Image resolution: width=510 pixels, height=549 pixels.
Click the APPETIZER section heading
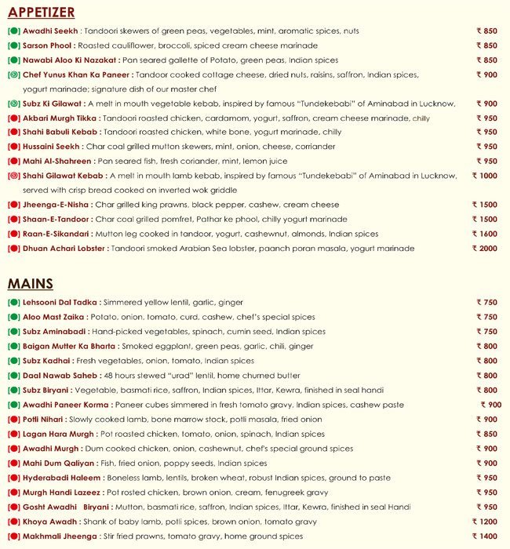(42, 12)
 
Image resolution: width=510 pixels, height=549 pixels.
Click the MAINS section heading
(31, 283)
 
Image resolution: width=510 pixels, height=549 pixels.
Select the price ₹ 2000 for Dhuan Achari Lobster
(484, 249)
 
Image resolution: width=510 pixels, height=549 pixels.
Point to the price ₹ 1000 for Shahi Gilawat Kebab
(484, 176)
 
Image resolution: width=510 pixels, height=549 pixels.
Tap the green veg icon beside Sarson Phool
(13, 45)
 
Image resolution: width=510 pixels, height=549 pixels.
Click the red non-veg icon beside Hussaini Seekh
(13, 147)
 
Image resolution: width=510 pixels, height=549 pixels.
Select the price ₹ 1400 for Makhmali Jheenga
(484, 536)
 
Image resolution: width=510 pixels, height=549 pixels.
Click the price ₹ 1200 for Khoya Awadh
(484, 522)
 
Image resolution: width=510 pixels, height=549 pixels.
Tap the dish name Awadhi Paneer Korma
(67, 405)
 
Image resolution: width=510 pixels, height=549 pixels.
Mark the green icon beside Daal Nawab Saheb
(13, 376)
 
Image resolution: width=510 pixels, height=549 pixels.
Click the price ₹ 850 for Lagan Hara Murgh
(486, 434)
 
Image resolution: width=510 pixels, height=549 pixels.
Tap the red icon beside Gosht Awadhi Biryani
(13, 507)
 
